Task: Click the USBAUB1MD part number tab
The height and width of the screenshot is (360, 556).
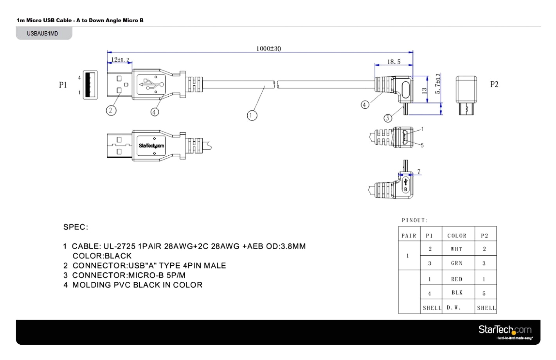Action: coord(43,34)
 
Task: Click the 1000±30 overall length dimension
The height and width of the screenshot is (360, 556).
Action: coord(268,49)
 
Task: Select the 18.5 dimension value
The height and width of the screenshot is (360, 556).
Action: coord(394,62)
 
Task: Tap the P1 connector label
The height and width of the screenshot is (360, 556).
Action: coord(63,85)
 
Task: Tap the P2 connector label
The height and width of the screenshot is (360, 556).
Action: coord(494,85)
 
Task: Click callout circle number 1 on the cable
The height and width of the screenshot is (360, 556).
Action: coord(252,115)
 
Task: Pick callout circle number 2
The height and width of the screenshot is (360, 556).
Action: coord(111,111)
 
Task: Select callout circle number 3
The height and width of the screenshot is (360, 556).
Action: coord(387,118)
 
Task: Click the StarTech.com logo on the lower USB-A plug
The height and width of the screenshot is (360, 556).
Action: coord(151,146)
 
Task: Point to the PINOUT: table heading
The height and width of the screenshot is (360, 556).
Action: coord(415,221)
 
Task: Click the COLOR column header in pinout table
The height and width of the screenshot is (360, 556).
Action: coord(457,236)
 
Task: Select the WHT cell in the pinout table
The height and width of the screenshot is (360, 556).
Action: coord(457,249)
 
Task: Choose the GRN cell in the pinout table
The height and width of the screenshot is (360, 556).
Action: coord(457,263)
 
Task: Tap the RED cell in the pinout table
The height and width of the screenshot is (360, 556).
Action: coord(457,279)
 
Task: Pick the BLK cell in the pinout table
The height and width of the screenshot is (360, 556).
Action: coord(457,293)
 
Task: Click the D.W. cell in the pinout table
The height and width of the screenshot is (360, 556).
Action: coord(454,308)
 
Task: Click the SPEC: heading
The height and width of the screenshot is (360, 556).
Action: coord(76,227)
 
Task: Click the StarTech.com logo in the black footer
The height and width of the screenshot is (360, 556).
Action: coord(505,331)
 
